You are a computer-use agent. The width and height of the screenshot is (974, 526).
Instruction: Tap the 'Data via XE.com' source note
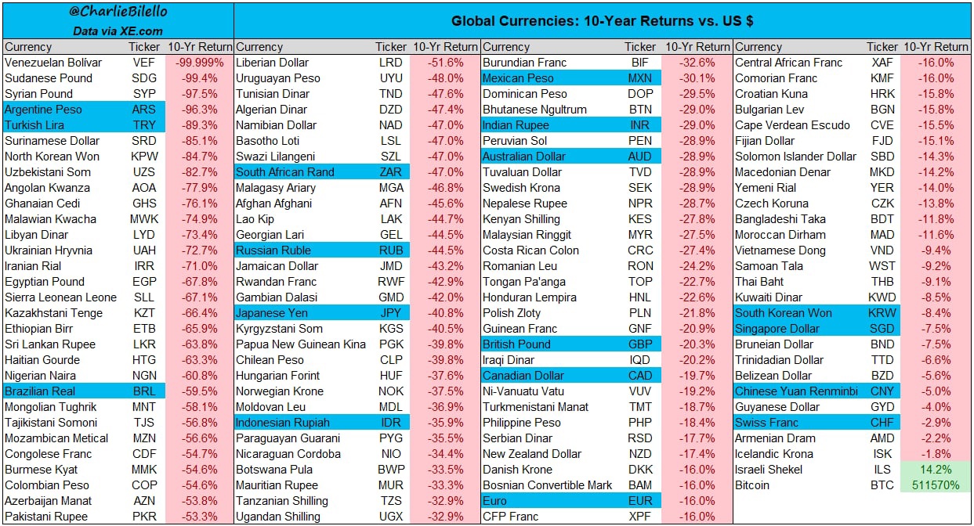coord(118,31)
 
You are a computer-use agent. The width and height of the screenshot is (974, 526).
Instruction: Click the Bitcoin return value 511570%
coord(936,485)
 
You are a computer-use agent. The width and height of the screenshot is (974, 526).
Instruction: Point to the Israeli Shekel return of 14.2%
coord(936,470)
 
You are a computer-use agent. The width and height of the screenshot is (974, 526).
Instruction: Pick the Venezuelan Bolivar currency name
coord(53,63)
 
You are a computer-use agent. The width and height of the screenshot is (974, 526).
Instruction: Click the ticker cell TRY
coord(144,125)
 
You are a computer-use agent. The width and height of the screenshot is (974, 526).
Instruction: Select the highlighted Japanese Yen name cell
coord(272,313)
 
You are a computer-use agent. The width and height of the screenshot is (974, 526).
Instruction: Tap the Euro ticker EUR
coord(640,501)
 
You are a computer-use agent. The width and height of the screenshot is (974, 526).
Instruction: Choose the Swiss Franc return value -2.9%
coord(936,423)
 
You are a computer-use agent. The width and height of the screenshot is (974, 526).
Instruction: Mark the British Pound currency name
coord(516,344)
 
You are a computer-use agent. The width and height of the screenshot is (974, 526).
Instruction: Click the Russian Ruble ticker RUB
coord(390,250)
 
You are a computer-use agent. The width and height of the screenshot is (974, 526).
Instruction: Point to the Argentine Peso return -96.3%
coord(200,110)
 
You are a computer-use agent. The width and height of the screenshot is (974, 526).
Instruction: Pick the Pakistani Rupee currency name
coord(46,517)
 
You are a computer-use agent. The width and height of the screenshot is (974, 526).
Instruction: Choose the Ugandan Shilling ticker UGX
coord(390,517)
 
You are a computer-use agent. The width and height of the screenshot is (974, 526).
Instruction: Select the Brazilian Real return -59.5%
coord(200,391)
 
